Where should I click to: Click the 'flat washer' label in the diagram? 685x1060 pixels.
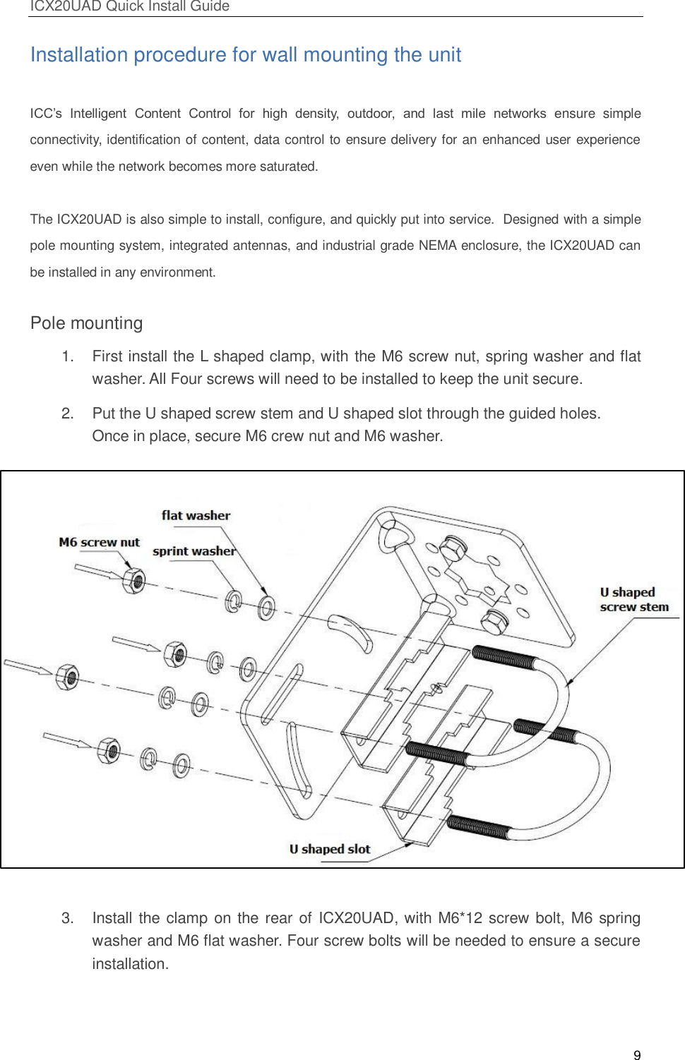pos(196,515)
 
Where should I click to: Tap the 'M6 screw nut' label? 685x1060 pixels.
pos(99,542)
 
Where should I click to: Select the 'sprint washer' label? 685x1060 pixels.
pos(193,551)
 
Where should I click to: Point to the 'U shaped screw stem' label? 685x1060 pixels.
pos(633,600)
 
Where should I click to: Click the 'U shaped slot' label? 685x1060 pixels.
pos(329,849)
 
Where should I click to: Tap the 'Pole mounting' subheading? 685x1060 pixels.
pos(86,323)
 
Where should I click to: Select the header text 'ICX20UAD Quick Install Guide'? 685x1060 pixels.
pos(129,6)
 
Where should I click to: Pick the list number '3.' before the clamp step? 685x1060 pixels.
pos(68,918)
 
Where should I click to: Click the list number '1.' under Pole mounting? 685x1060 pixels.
pos(68,356)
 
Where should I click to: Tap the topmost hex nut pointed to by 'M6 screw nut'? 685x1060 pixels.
pos(133,581)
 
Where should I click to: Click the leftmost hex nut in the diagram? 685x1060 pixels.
pos(67,677)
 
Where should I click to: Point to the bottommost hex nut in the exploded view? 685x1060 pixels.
pos(109,751)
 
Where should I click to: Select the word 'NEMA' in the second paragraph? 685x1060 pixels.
pos(438,246)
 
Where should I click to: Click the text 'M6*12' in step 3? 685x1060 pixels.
pos(460,918)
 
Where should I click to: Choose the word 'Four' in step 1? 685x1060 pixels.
pos(186,379)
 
